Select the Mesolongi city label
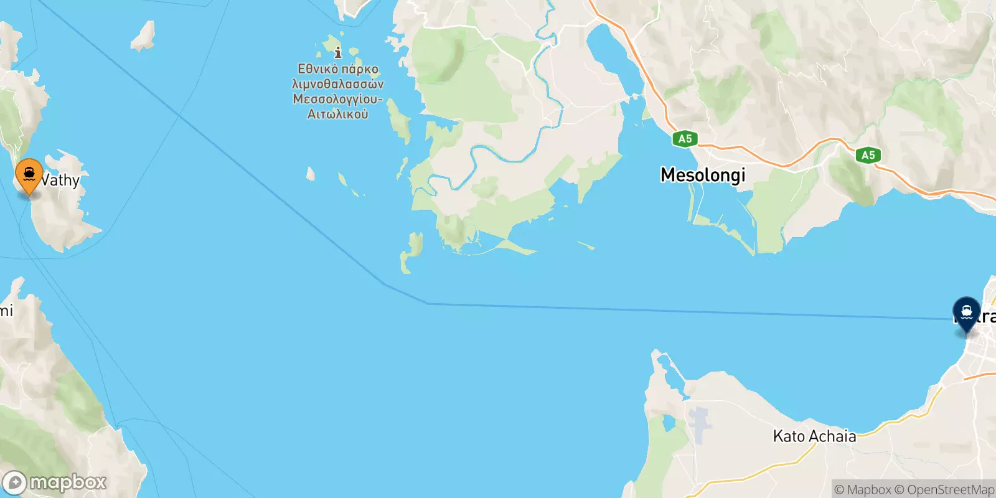(703, 175)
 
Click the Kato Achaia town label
(814, 436)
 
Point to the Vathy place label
(60, 181)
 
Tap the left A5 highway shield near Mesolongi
(685, 139)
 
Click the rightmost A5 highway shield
(868, 155)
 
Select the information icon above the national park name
(338, 52)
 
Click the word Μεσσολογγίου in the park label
(338, 99)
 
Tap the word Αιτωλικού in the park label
(338, 114)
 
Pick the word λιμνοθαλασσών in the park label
(338, 84)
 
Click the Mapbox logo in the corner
(55, 482)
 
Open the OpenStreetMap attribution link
(944, 490)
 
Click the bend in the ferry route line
(428, 303)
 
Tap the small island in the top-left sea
(144, 36)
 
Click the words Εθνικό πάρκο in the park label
(338, 68)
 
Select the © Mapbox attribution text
(862, 490)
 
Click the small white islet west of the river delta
(311, 173)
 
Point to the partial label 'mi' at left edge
(6, 310)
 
